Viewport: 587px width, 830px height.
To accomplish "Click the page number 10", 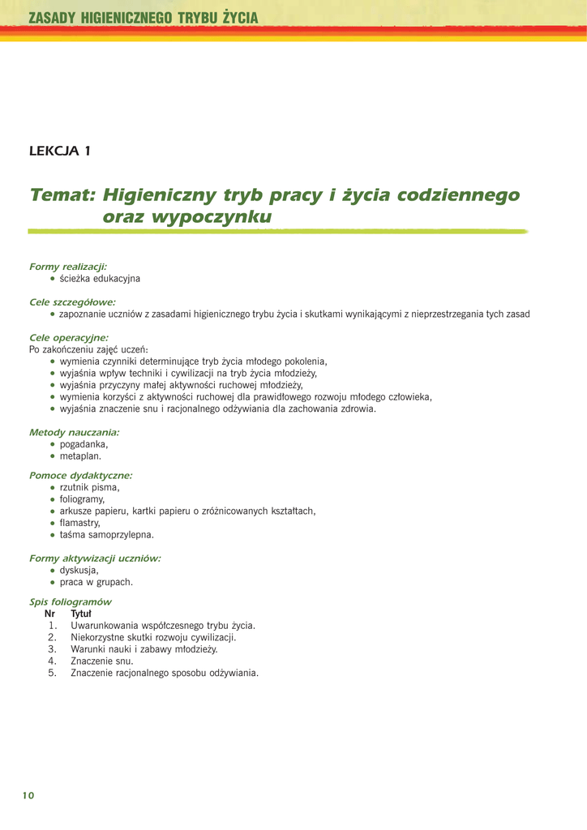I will point(28,795).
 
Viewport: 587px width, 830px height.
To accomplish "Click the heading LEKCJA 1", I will point(60,151).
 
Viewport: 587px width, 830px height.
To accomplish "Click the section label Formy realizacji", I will point(68,267).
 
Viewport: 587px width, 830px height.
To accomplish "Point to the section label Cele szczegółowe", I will point(72,302).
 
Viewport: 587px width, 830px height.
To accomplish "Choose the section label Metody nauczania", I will point(74,433).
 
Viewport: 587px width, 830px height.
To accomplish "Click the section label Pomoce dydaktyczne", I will point(80,476).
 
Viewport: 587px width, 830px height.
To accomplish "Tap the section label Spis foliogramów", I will point(71,602).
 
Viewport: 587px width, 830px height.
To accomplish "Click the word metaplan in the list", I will point(80,456).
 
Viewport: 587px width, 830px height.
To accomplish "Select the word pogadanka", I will point(84,444).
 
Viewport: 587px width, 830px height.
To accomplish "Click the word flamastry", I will point(80,523).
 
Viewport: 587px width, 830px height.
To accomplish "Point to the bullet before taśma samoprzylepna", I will point(53,535).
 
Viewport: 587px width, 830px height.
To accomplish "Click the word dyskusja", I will point(79,570).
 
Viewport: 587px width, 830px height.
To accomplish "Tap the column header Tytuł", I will point(81,614).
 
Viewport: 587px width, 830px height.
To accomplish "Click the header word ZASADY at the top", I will point(53,17).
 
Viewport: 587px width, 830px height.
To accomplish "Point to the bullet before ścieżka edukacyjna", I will point(53,279).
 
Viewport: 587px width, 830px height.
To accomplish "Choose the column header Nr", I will point(49,614).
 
